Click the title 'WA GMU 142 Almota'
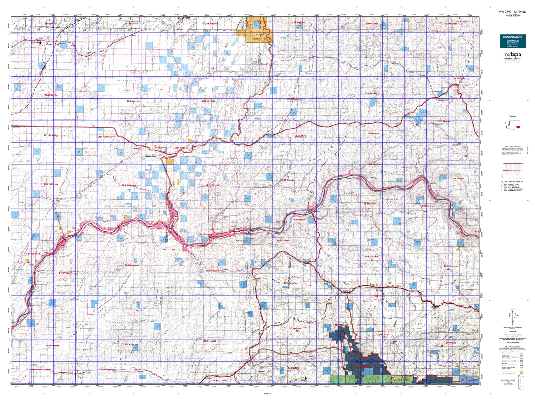click(x=512, y=12)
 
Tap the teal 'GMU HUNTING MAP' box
click(x=512, y=41)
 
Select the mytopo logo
click(x=512, y=55)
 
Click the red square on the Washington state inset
click(x=518, y=127)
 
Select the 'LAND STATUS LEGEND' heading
click(x=512, y=346)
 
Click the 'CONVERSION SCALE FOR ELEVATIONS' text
click(x=508, y=382)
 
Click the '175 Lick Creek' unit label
click(x=401, y=380)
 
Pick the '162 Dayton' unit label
click(x=292, y=368)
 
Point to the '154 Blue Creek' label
click(x=219, y=381)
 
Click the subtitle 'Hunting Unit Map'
click(x=512, y=15)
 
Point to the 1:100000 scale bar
click(x=512, y=335)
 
